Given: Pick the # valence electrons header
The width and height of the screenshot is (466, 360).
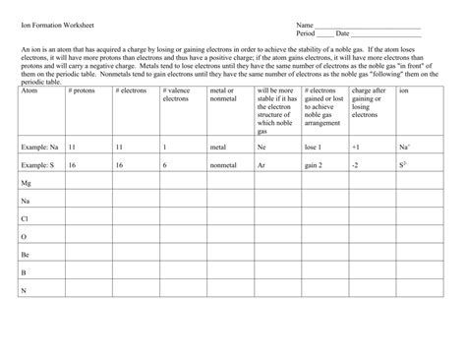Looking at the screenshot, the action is pyautogui.click(x=175, y=94).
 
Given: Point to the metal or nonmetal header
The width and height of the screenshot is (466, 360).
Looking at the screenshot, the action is pyautogui.click(x=223, y=94).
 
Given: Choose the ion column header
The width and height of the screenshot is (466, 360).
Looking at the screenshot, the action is pyautogui.click(x=404, y=90).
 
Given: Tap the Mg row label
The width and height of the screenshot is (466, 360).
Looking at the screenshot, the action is pyautogui.click(x=27, y=183).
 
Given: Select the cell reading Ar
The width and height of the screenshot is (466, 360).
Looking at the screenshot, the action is pyautogui.click(x=262, y=165).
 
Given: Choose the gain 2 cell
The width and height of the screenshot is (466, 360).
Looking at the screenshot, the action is pyautogui.click(x=315, y=165).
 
